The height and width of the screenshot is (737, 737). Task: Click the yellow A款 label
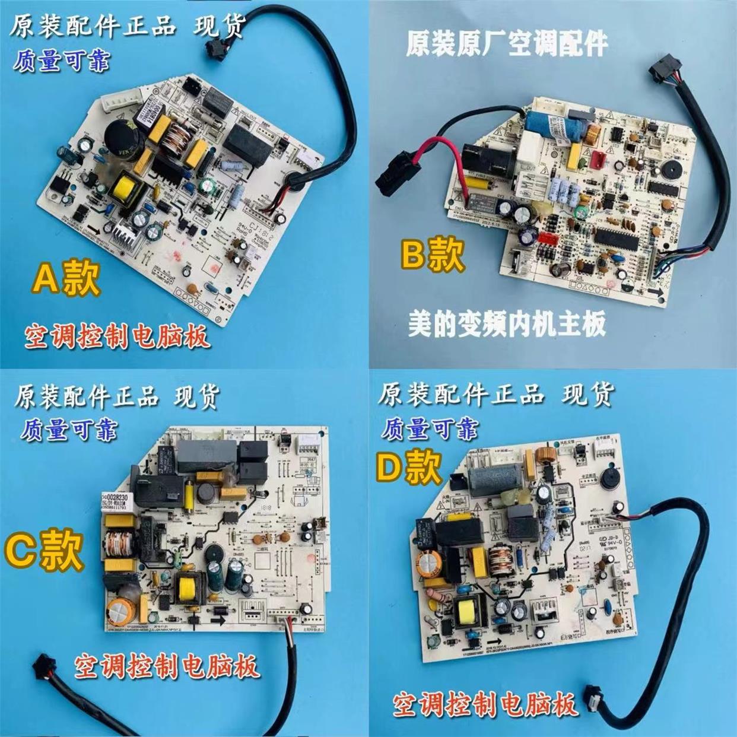click(x=66, y=278)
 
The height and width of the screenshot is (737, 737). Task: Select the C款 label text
click(x=45, y=549)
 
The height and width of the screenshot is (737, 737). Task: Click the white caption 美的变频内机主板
click(x=507, y=325)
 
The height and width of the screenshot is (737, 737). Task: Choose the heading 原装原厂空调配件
click(x=507, y=45)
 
